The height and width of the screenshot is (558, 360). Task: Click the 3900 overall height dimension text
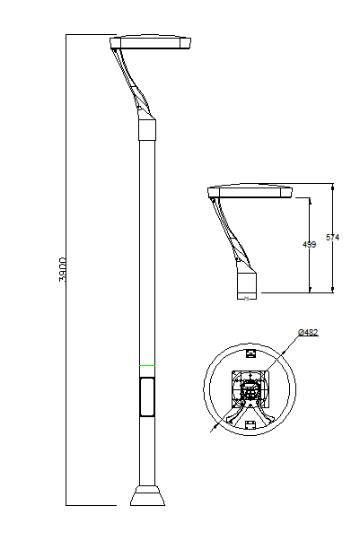(62, 269)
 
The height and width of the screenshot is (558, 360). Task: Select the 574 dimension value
(332, 237)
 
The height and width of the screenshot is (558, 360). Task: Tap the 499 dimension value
(309, 245)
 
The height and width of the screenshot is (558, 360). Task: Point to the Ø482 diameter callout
(308, 333)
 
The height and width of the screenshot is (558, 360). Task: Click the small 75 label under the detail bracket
(246, 299)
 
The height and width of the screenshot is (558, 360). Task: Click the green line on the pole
(147, 365)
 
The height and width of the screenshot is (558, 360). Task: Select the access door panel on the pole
(147, 397)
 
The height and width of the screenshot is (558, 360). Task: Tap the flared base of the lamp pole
(147, 495)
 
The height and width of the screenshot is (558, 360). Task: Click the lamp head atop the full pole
(151, 42)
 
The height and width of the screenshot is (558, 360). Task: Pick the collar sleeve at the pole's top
(147, 129)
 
